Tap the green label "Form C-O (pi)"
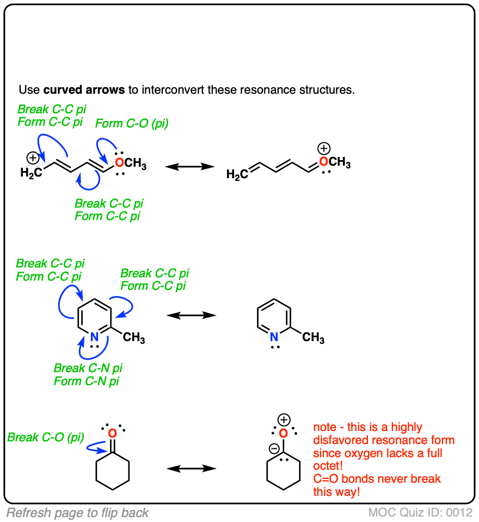click(x=132, y=124)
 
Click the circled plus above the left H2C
click(x=33, y=159)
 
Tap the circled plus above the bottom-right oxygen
click(x=284, y=420)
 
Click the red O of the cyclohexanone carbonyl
click(x=112, y=434)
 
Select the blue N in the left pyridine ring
click(x=94, y=337)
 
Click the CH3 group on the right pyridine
click(x=313, y=338)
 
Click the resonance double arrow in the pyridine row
click(x=191, y=315)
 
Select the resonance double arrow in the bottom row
click(x=191, y=468)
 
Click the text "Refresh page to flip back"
click(x=77, y=512)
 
